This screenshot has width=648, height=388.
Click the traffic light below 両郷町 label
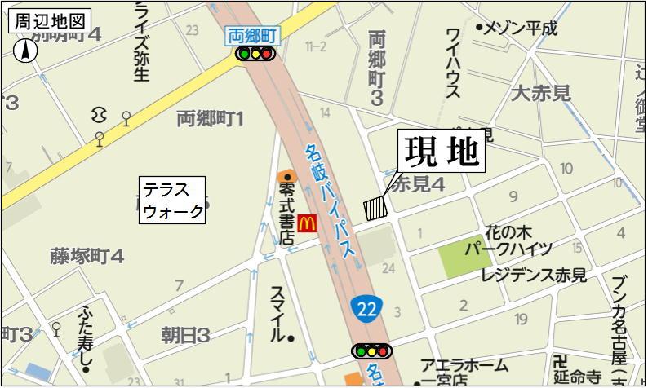(x=254, y=54)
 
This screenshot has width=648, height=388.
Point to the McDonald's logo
(x=307, y=221)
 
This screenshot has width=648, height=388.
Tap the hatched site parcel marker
(x=375, y=207)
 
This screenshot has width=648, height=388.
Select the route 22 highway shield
(x=367, y=308)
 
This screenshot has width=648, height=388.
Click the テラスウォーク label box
(x=173, y=201)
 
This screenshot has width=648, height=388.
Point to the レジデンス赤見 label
(x=533, y=276)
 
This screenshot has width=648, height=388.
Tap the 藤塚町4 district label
(x=87, y=256)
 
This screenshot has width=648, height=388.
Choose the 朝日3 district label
(x=185, y=333)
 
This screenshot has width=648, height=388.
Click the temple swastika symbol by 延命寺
(x=560, y=361)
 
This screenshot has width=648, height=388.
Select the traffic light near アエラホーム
(x=371, y=351)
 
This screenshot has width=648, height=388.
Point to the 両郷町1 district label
(x=211, y=120)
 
